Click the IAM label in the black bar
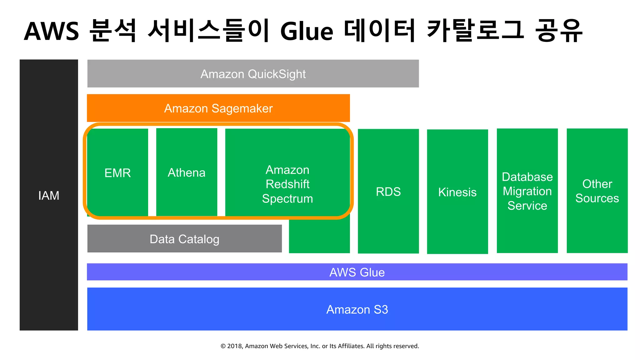49,196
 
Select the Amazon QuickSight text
253,74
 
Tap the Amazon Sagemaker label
218,108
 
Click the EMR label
117,173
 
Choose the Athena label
187,172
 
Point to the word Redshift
287,184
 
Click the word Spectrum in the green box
287,199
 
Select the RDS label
388,192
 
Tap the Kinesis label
457,192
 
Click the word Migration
527,191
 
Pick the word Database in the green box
527,177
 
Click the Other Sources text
597,191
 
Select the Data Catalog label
184,239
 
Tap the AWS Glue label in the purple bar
357,272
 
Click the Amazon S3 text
357,309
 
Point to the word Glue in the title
307,32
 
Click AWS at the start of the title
52,32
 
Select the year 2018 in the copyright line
234,346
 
